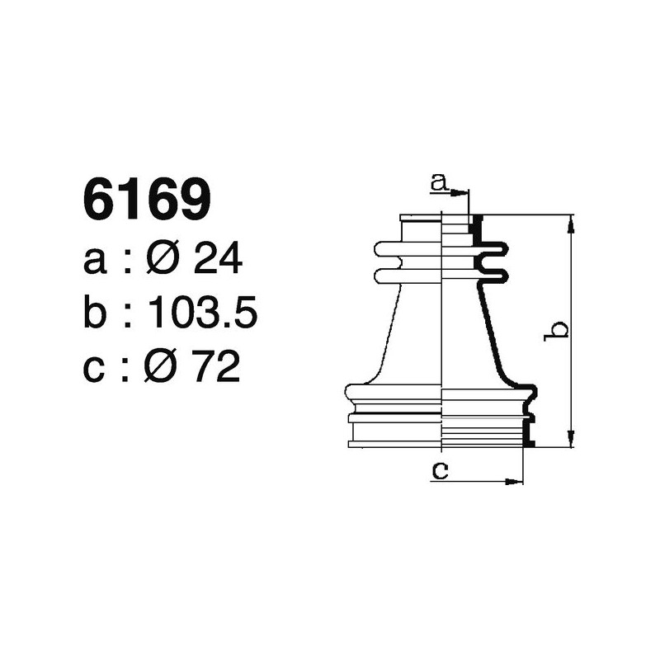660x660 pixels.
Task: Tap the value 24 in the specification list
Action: (216, 261)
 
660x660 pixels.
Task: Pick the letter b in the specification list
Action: (95, 313)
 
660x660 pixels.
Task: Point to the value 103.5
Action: (203, 313)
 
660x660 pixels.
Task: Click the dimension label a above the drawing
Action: (439, 181)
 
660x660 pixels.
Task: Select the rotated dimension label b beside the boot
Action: (559, 331)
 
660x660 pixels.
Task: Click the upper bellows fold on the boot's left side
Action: (388, 248)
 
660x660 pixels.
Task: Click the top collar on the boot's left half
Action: (421, 218)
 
